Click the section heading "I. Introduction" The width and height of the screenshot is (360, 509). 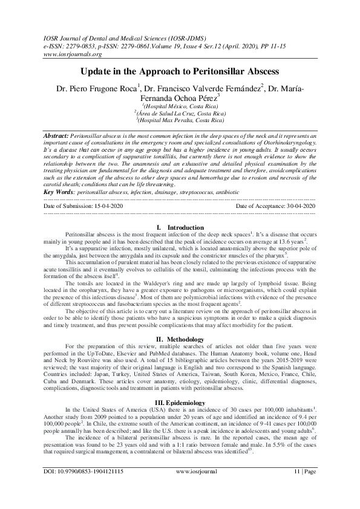pyautogui.click(x=180, y=227)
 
